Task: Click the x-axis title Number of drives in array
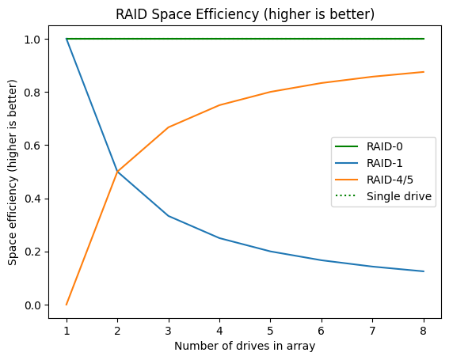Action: click(245, 345)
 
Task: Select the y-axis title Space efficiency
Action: click(13, 171)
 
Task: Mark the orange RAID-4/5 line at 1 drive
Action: click(67, 305)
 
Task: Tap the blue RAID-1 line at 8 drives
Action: click(424, 271)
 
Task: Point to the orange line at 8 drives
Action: click(424, 72)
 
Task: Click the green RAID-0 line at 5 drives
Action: click(271, 39)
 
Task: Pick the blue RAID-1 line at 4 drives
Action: click(220, 238)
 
